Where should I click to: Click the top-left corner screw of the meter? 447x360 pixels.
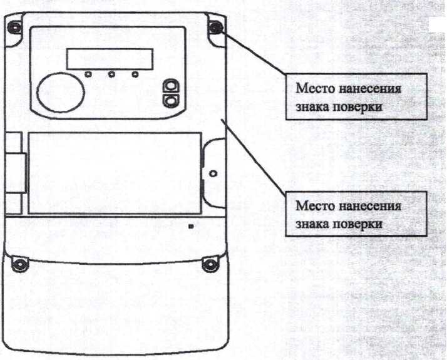click(13, 28)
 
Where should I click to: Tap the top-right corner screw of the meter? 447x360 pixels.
click(215, 28)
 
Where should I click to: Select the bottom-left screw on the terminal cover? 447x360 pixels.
click(19, 264)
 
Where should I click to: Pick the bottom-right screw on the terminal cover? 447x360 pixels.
click(210, 264)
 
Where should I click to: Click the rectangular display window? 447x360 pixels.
click(110, 59)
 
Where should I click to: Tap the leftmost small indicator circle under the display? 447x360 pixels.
click(88, 75)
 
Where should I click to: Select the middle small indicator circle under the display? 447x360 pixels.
click(111, 75)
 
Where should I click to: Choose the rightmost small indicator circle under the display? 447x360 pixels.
click(135, 75)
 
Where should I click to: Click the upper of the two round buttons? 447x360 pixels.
click(171, 86)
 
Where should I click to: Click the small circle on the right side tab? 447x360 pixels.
click(213, 173)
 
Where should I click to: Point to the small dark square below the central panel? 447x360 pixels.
click(191, 227)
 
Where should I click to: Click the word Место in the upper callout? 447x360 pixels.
click(316, 88)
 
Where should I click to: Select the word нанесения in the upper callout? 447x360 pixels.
click(370, 88)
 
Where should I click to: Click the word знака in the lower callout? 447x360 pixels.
click(313, 224)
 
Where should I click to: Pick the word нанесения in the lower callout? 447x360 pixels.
click(370, 205)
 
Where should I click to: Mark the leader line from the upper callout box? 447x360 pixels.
click(255, 53)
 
